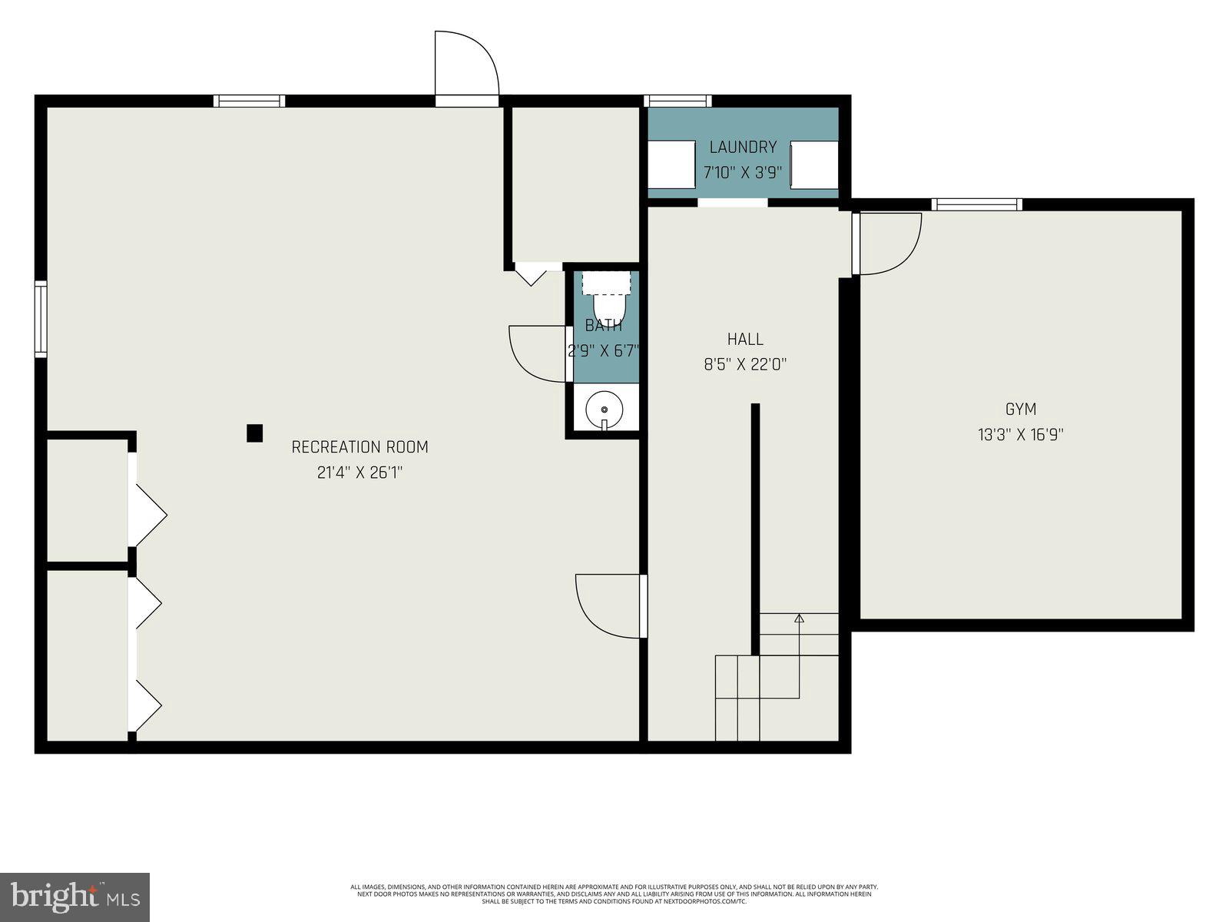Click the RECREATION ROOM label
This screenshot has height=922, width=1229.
tap(359, 447)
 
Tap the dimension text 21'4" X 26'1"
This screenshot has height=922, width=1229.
tap(359, 473)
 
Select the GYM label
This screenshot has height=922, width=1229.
tap(1020, 410)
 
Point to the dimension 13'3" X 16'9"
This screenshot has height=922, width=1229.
tap(1020, 435)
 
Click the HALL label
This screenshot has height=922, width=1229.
tap(745, 339)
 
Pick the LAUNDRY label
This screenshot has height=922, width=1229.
tap(743, 147)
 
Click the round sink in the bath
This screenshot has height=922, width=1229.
tap(606, 409)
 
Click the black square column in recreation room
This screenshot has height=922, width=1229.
tap(254, 433)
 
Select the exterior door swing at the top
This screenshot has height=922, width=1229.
tap(466, 65)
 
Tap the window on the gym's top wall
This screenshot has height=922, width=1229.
tap(977, 204)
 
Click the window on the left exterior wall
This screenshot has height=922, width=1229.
tap(41, 319)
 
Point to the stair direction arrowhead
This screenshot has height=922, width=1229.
tap(799, 618)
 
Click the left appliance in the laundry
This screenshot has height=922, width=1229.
tap(672, 164)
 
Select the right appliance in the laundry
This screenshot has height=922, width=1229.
tap(814, 164)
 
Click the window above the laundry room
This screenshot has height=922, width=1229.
tap(677, 101)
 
